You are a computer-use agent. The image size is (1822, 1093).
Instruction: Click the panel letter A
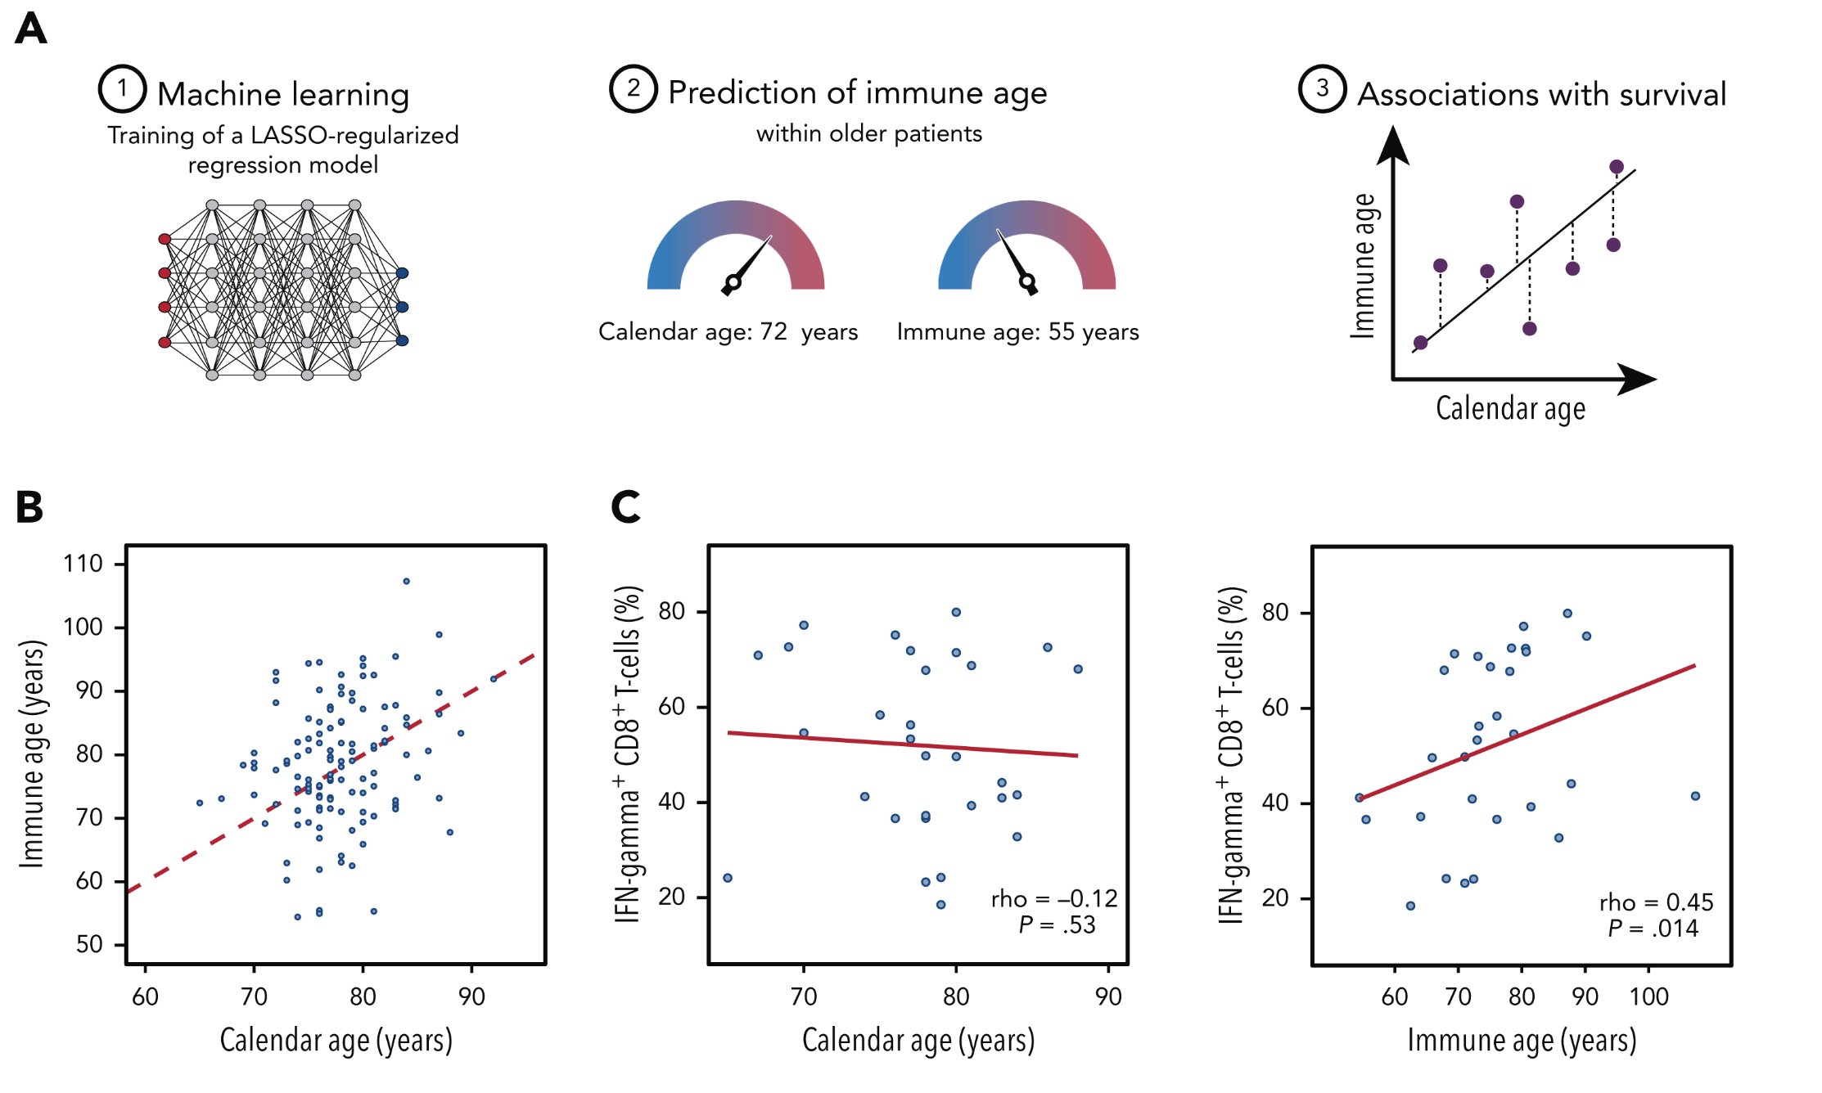[x=31, y=29]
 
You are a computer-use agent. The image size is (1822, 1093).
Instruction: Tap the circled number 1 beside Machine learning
[x=122, y=88]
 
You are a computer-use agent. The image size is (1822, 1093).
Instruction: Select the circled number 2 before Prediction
[x=633, y=88]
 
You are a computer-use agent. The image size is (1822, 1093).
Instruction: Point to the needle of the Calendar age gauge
[x=751, y=261]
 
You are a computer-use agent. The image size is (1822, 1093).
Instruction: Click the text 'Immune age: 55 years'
[x=1017, y=331]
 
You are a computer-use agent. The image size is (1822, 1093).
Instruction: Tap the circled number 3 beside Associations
[x=1322, y=88]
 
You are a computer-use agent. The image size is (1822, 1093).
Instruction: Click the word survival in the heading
[x=1672, y=94]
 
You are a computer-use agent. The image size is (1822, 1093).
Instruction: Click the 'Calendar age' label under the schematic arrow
[x=1510, y=407]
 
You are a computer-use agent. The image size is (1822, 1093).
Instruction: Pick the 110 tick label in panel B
[x=83, y=564]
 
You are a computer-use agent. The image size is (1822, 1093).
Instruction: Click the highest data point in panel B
[x=406, y=582]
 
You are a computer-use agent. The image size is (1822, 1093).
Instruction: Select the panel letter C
[x=626, y=506]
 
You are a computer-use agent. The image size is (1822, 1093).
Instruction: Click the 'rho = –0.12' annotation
[x=1053, y=899]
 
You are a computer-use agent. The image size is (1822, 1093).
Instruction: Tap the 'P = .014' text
[x=1653, y=929]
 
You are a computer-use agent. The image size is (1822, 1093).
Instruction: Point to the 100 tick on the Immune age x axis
[x=1648, y=996]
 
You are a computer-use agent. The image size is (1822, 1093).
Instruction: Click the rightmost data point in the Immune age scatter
[x=1695, y=796]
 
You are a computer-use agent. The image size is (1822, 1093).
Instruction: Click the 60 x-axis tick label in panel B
[x=145, y=996]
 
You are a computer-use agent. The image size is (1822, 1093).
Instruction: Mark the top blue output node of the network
[x=402, y=273]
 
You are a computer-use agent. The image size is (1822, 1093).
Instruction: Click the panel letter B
[x=29, y=506]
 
